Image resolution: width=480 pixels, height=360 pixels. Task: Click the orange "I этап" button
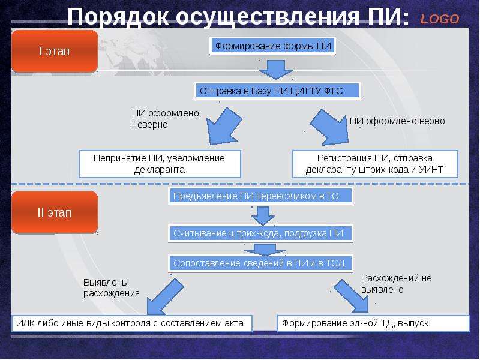(55, 51)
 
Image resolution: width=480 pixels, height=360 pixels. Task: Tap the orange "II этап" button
(55, 212)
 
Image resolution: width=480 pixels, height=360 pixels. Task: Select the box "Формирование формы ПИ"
(273, 46)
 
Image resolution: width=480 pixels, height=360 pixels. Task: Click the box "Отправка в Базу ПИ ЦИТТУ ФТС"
(277, 91)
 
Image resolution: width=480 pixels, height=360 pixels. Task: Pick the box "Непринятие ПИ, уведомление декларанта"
(160, 164)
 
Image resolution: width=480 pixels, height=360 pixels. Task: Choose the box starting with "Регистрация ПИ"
(375, 164)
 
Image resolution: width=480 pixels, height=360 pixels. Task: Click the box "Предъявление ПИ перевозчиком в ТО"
(260, 196)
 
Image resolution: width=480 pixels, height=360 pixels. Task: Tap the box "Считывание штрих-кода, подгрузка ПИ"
(260, 233)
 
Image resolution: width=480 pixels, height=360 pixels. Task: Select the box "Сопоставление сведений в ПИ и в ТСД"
(260, 263)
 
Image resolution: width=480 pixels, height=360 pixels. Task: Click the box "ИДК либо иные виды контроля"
(132, 323)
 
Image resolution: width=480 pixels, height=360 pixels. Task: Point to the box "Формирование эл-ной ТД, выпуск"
(373, 323)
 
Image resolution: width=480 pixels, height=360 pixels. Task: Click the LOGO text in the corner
(440, 19)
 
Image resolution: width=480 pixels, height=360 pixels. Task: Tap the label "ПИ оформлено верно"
(397, 121)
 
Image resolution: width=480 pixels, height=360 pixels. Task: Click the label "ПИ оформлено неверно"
(166, 119)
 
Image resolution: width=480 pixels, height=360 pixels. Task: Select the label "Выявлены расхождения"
(112, 288)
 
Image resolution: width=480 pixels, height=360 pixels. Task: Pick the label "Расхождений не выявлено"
(397, 284)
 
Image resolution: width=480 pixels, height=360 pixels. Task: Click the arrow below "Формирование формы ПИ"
(276, 70)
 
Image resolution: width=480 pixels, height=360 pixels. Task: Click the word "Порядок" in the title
(118, 16)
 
